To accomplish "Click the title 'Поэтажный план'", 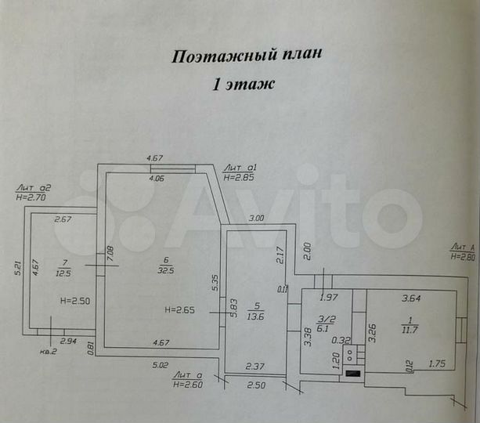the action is (247, 56).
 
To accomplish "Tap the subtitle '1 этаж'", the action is (244, 85).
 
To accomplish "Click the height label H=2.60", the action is (189, 384).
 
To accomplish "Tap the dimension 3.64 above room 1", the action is (410, 298).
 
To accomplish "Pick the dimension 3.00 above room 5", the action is (257, 218).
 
